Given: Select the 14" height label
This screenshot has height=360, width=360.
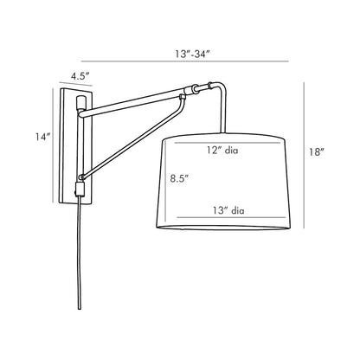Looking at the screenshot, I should pyautogui.click(x=42, y=137).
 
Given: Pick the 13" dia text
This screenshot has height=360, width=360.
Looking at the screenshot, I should pyautogui.click(x=226, y=208).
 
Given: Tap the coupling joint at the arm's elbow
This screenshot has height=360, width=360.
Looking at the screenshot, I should pyautogui.click(x=201, y=87).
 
